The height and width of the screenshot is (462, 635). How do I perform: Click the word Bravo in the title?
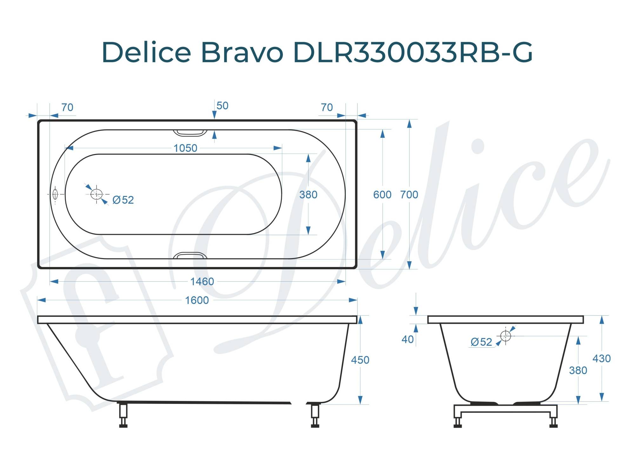242,52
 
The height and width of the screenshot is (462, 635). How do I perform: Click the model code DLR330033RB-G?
413,52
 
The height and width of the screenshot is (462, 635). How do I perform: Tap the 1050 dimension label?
185,148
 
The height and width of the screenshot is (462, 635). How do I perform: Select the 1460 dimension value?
202,281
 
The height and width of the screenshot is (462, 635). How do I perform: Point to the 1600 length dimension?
197,300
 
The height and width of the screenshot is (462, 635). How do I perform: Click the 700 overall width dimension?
409,194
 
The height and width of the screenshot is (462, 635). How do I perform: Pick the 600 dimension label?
382,194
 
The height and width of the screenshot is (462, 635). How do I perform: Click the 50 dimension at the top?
222,105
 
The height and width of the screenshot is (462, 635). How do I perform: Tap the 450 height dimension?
360,360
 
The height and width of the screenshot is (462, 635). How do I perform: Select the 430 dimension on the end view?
602,358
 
